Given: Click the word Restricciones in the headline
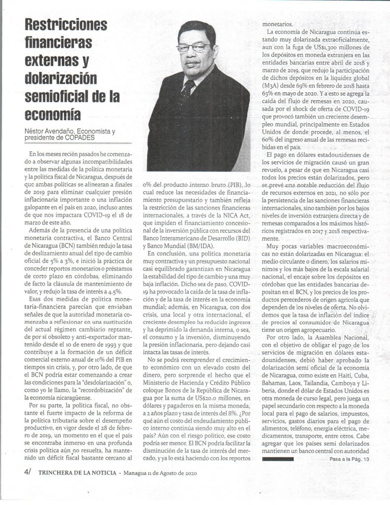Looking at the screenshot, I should click(67, 25).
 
